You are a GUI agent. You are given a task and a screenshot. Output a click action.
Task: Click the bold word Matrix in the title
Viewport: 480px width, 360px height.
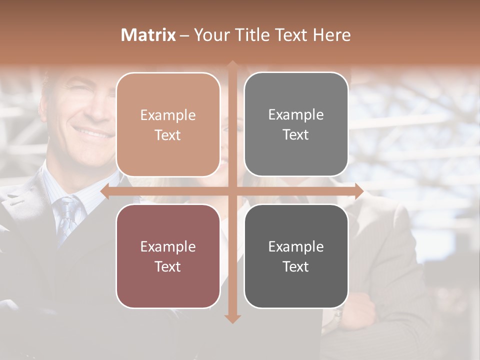(148, 35)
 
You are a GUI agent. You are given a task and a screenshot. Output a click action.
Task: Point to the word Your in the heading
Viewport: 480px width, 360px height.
(211, 35)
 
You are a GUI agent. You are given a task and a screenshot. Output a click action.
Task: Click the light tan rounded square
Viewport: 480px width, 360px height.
(168, 124)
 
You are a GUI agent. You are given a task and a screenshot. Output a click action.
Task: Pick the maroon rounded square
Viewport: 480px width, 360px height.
(168, 256)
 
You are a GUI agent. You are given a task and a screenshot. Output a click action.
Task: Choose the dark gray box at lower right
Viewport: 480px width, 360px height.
(296, 256)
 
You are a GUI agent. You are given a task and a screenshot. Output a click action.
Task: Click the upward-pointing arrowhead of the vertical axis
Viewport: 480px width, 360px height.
(232, 65)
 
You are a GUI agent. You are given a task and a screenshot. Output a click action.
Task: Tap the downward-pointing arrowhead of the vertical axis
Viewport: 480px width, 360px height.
(232, 318)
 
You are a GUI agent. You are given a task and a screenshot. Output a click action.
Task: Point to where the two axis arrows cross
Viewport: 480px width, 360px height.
(232, 191)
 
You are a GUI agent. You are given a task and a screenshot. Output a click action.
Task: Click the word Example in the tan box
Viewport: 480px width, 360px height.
(168, 115)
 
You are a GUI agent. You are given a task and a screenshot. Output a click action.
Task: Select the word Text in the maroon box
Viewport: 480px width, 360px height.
(168, 266)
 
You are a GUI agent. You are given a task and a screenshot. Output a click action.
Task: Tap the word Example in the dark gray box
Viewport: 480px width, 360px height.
(296, 246)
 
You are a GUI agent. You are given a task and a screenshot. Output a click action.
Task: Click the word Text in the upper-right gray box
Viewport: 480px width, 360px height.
(296, 134)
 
